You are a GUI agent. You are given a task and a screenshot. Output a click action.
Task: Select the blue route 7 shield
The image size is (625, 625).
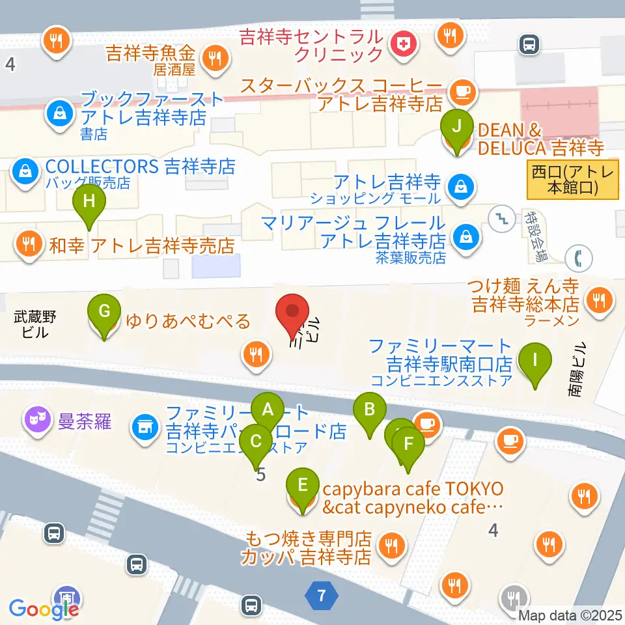pos(320,594)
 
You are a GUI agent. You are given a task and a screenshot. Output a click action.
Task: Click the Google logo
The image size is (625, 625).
pos(43,609)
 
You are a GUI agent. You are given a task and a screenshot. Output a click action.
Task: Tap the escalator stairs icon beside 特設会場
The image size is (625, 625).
pos(502,217)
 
